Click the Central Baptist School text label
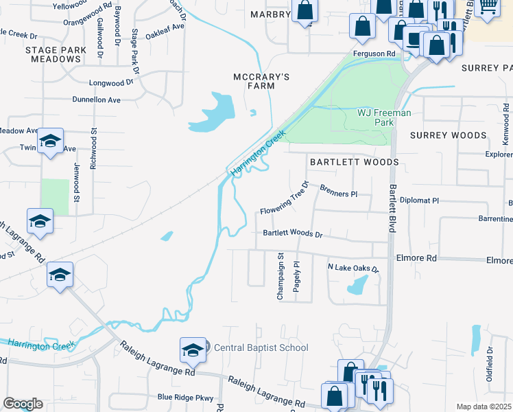pos(261,348)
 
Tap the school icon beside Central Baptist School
pos(193,351)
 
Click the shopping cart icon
pos(488,8)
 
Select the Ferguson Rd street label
pos(374,54)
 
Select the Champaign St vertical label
pos(281,276)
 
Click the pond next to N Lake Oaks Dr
pos(357,285)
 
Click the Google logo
pos(23,404)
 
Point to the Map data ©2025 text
pos(484,407)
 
